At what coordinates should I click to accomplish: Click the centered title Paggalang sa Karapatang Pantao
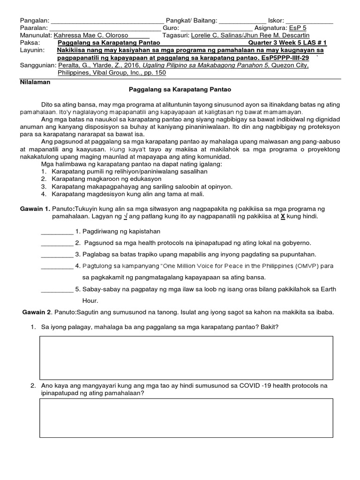[180, 89]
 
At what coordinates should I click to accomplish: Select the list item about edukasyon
[107, 179]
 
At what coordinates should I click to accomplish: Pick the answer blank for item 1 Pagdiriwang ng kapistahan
[57, 232]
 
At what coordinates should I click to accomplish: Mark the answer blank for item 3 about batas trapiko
[57, 255]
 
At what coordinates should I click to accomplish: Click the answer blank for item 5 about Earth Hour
[57, 289]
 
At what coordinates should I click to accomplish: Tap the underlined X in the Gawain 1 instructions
[283, 217]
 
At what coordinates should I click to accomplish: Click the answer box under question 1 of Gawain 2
[186, 357]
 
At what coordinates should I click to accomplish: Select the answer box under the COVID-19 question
[186, 417]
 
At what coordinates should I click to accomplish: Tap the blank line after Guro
[216, 28]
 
